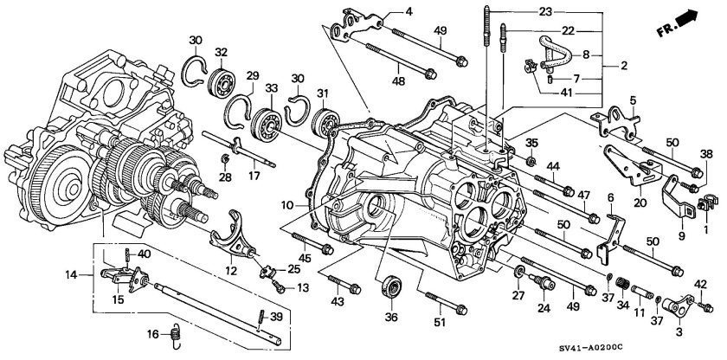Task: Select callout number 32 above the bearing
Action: pos(222,53)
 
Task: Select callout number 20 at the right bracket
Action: pos(640,204)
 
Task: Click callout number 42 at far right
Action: pos(701,283)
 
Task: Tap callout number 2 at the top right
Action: pos(621,65)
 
